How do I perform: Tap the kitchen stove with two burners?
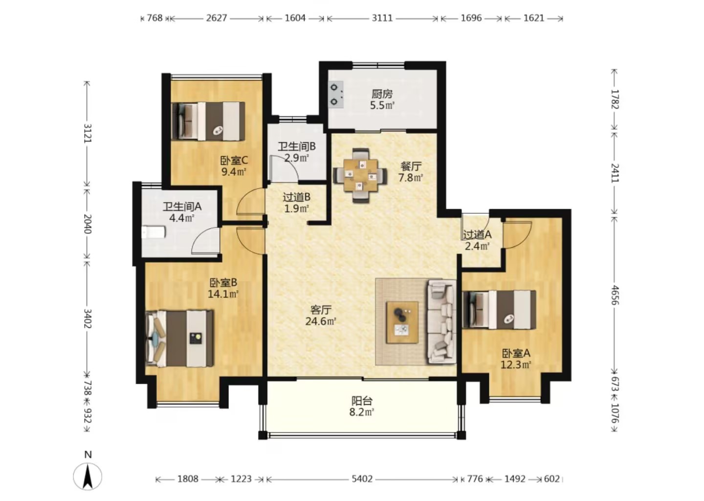pos(336,94)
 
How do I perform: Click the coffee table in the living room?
pos(402,322)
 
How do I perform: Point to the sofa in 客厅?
pos(441,322)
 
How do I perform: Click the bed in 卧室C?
pos(208,121)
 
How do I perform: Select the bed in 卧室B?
pos(180,339)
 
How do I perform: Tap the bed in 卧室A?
pos(500,310)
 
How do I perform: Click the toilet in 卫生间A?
pos(154,232)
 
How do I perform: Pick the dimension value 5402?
pos(362,479)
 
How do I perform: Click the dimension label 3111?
pos(382,18)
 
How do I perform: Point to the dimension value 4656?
pos(615,296)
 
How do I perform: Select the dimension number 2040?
pos(88,224)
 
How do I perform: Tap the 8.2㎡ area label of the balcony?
pos(362,412)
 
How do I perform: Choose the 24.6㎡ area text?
pos(321,321)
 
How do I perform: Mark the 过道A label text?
pos(477,235)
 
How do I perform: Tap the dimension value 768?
pos(154,18)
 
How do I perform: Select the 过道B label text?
pos(297,197)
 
